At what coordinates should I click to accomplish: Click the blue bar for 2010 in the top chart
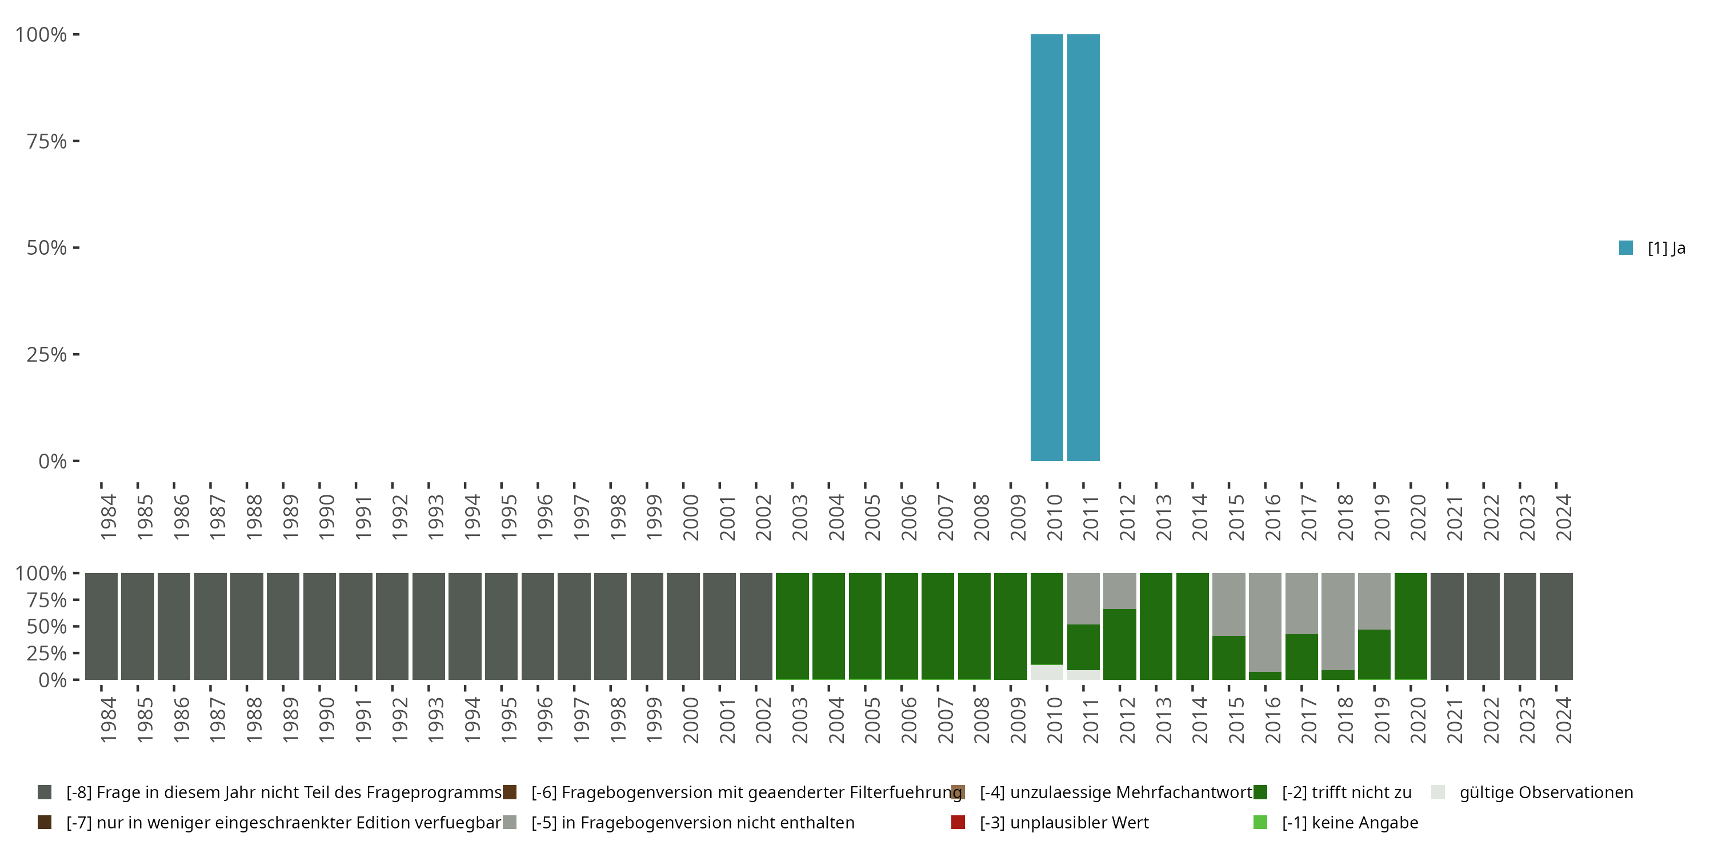coord(1047,247)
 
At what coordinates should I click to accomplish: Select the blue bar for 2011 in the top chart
coord(1083,247)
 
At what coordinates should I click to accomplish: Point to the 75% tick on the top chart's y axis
coord(76,141)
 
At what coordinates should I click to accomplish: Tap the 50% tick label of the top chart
coord(47,248)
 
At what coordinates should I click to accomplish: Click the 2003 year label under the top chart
coord(800,518)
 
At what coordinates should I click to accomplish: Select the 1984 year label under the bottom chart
coord(109,720)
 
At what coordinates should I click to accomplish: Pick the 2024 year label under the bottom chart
coord(1564,720)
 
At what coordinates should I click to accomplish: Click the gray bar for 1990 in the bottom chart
coord(319,626)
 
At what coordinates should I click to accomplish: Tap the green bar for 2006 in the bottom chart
coord(902,626)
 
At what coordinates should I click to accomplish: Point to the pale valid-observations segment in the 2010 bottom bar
coord(1047,672)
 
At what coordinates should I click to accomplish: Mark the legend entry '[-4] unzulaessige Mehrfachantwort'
coord(1115,792)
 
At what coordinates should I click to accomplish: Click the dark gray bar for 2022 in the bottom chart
coord(1483,626)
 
